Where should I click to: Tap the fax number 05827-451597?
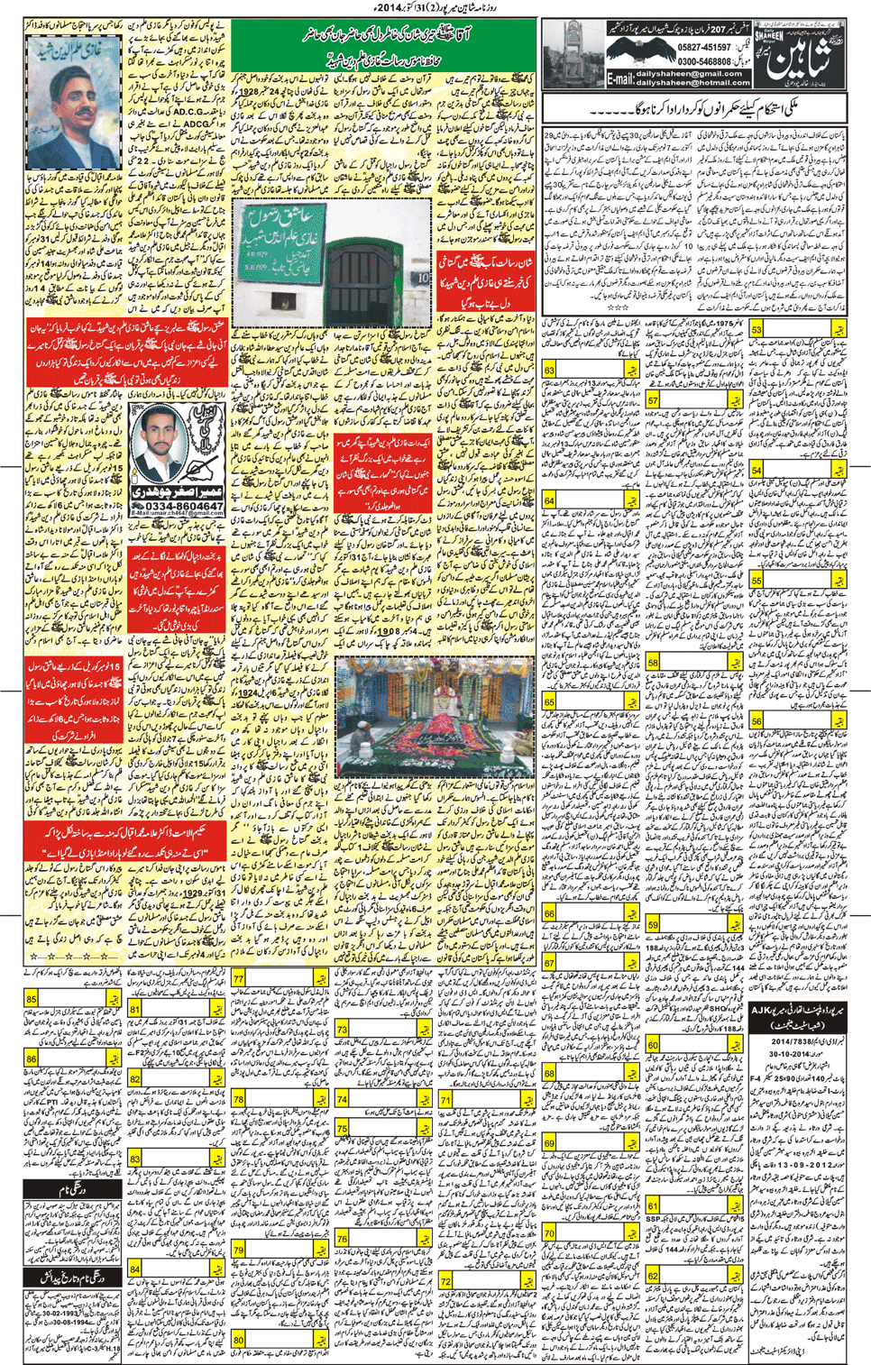(705, 48)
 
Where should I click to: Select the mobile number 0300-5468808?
(705, 61)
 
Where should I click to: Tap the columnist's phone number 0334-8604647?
(177, 507)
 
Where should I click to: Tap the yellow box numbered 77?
(238, 979)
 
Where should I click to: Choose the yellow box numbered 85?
(32, 999)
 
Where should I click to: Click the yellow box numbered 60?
(653, 1045)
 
